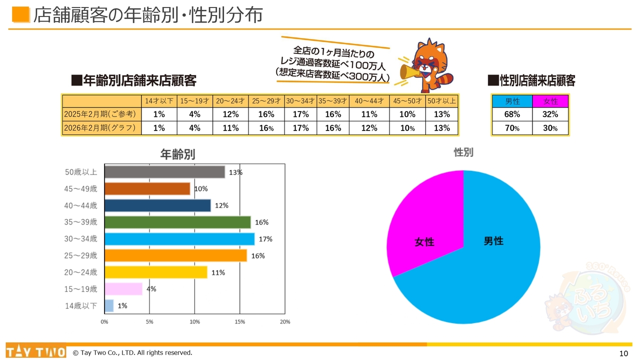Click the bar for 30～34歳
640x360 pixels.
point(179,239)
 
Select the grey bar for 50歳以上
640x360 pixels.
point(164,172)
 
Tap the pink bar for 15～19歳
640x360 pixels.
point(123,289)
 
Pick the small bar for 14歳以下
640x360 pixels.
point(109,305)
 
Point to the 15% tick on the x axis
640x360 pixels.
point(239,321)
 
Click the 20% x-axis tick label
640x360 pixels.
point(284,321)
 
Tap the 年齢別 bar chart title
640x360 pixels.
point(177,154)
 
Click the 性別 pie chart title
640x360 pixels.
point(463,152)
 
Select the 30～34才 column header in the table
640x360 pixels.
point(300,101)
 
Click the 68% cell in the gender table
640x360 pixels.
point(512,114)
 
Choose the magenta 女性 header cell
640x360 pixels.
point(550,101)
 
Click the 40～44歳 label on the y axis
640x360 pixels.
point(81,205)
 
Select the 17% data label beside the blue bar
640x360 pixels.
point(265,239)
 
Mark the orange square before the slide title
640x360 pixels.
point(21,14)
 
